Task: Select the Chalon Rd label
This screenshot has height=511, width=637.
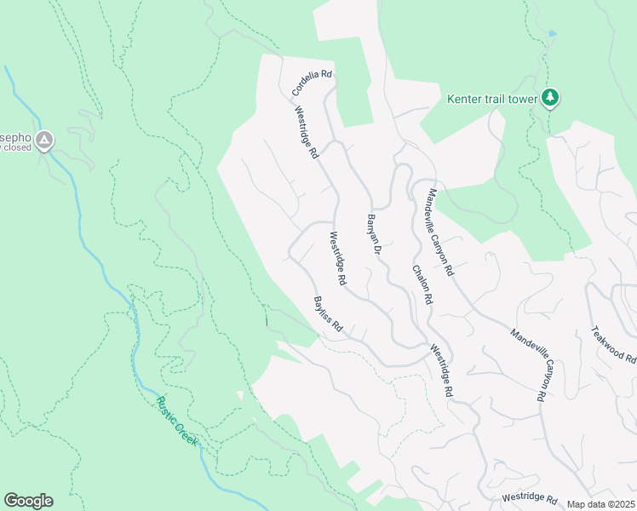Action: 422,285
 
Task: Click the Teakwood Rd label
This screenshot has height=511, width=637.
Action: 613,345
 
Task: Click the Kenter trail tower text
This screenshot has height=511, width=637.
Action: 493,99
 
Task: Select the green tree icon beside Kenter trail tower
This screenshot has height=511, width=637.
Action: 551,98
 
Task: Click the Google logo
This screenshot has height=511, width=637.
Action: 28,501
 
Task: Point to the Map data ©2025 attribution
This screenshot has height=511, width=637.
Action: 601,504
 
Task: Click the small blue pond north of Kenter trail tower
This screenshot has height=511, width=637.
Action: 553,34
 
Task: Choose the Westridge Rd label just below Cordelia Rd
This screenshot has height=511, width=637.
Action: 307,133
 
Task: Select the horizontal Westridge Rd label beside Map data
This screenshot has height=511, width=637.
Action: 529,497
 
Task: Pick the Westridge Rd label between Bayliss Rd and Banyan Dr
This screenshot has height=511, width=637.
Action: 338,258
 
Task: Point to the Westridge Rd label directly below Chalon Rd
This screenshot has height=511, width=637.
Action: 440,371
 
